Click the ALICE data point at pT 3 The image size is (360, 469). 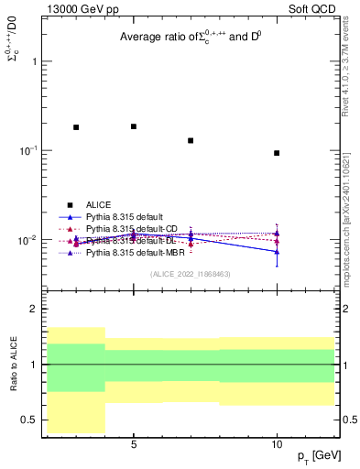pos(76,127)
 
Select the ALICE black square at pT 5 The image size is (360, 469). pos(134,126)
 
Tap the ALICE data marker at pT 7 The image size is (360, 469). pos(191,140)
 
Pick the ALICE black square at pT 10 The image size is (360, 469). pos(277,153)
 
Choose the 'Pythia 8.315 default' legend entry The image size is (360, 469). pos(125,217)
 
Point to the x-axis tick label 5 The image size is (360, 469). pos(134,444)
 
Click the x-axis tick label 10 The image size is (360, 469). pos(277,444)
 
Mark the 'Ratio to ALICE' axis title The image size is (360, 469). pos(15,364)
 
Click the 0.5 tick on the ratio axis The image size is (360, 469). pos(28,420)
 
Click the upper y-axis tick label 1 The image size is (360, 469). pos(34,61)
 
